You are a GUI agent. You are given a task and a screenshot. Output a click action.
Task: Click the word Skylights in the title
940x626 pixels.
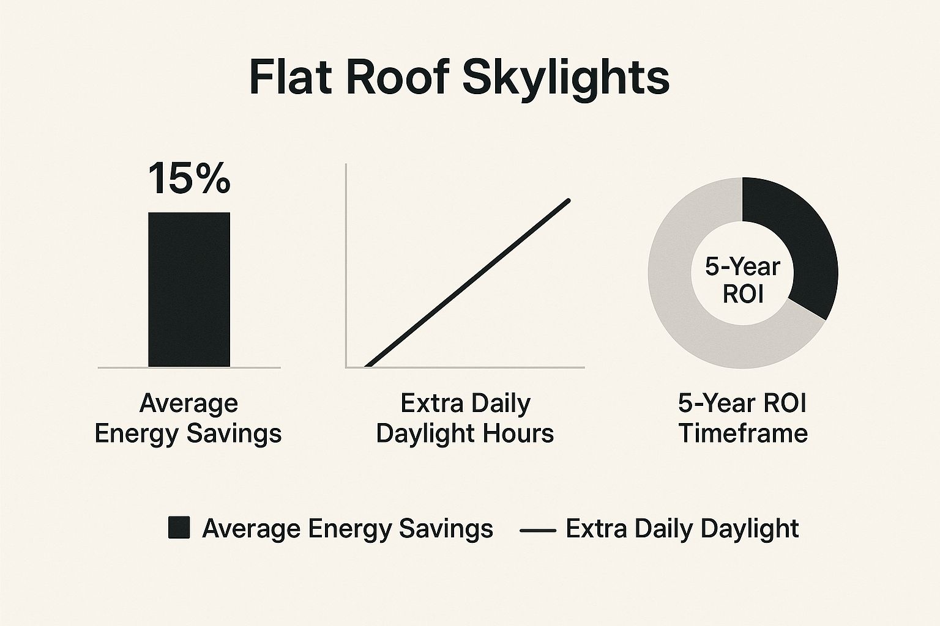pyautogui.click(x=566, y=78)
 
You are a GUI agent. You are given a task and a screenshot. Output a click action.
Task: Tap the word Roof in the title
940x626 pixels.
pyautogui.click(x=392, y=77)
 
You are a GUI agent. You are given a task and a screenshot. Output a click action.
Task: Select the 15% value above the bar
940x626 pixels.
pyautogui.click(x=188, y=179)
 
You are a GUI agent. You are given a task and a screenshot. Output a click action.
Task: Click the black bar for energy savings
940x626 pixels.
pyautogui.click(x=189, y=289)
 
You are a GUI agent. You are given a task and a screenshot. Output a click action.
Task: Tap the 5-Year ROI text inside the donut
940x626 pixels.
pyautogui.click(x=743, y=280)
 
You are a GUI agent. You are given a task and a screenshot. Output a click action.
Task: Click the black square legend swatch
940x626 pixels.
pyautogui.click(x=179, y=528)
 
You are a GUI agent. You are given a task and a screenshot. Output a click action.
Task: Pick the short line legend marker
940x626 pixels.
pyautogui.click(x=537, y=530)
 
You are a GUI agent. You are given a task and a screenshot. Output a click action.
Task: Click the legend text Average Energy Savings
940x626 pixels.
pyautogui.click(x=347, y=528)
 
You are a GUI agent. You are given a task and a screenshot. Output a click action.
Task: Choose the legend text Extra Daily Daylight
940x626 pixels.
pyautogui.click(x=682, y=528)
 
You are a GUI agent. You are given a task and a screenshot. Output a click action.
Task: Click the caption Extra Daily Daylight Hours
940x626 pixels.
pyautogui.click(x=465, y=418)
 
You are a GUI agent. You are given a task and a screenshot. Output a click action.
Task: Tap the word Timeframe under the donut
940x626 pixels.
pyautogui.click(x=743, y=433)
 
